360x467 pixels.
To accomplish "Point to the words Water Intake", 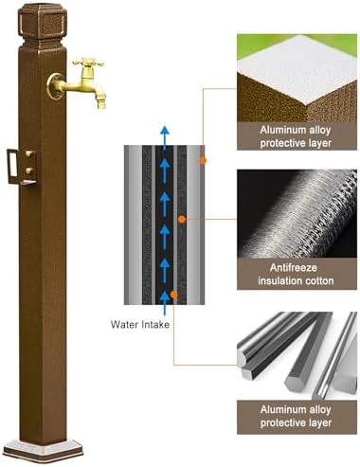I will [x=137, y=323].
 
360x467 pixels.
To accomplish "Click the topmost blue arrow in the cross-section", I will [x=165, y=135].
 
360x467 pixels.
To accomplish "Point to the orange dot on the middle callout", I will [x=181, y=218].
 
